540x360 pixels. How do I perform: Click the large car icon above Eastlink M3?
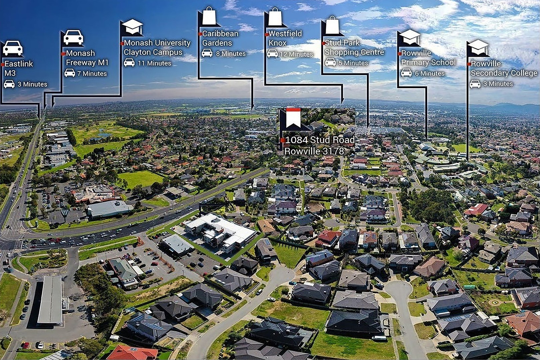[13, 48]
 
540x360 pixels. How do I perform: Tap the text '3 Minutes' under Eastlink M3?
[33, 84]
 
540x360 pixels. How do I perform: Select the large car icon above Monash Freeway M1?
[73, 37]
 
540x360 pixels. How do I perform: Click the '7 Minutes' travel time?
[92, 74]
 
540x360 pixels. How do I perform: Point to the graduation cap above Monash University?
[132, 27]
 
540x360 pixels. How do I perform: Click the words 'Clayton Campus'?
[153, 52]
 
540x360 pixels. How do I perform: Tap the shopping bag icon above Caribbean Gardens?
[209, 16]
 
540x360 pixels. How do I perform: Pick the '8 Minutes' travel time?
[231, 54]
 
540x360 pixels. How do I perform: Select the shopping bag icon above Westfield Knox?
[275, 16]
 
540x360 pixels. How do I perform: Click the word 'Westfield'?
[285, 34]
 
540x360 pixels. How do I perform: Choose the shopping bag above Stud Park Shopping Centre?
[332, 25]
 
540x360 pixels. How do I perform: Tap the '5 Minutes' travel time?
[353, 63]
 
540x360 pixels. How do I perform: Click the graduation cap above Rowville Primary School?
[410, 37]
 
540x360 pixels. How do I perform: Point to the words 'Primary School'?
[428, 62]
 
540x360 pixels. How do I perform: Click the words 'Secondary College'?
[504, 73]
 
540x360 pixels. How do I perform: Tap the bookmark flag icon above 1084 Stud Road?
[293, 118]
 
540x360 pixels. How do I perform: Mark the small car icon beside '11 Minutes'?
[129, 63]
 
